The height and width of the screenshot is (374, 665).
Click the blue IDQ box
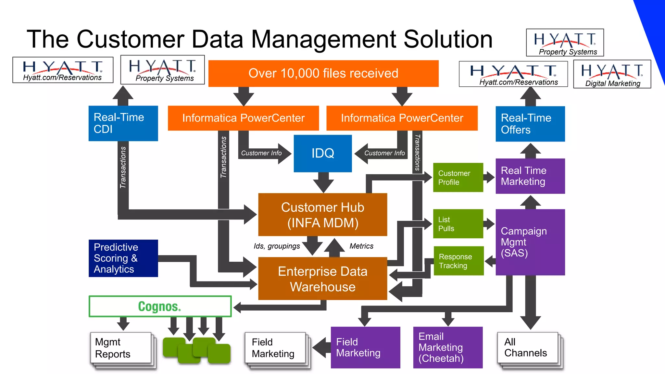(322, 153)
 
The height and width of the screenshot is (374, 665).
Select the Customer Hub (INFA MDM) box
(322, 215)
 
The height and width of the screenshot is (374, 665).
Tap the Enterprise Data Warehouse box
(322, 279)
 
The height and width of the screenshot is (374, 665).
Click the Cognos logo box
(160, 306)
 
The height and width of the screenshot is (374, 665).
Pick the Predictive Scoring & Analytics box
(123, 258)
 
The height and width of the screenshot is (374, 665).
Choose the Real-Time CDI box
(123, 123)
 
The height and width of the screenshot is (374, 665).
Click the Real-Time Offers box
(530, 124)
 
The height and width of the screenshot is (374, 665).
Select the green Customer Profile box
(458, 178)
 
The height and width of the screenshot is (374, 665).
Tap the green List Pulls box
(458, 224)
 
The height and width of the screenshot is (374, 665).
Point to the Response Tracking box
(458, 261)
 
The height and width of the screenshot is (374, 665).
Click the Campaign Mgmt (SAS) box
(530, 242)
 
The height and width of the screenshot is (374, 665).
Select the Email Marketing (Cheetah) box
(447, 347)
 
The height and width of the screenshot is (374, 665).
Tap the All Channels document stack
(528, 348)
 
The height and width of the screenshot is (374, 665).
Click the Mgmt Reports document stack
(121, 348)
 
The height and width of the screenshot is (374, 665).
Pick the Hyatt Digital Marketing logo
(612, 74)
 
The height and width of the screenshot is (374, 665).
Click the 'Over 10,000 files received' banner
(323, 73)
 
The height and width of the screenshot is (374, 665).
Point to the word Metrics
(361, 246)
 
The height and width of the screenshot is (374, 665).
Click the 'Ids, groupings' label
(277, 246)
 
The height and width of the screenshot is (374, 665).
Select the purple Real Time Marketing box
(530, 176)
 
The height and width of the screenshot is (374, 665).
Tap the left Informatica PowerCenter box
(243, 118)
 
